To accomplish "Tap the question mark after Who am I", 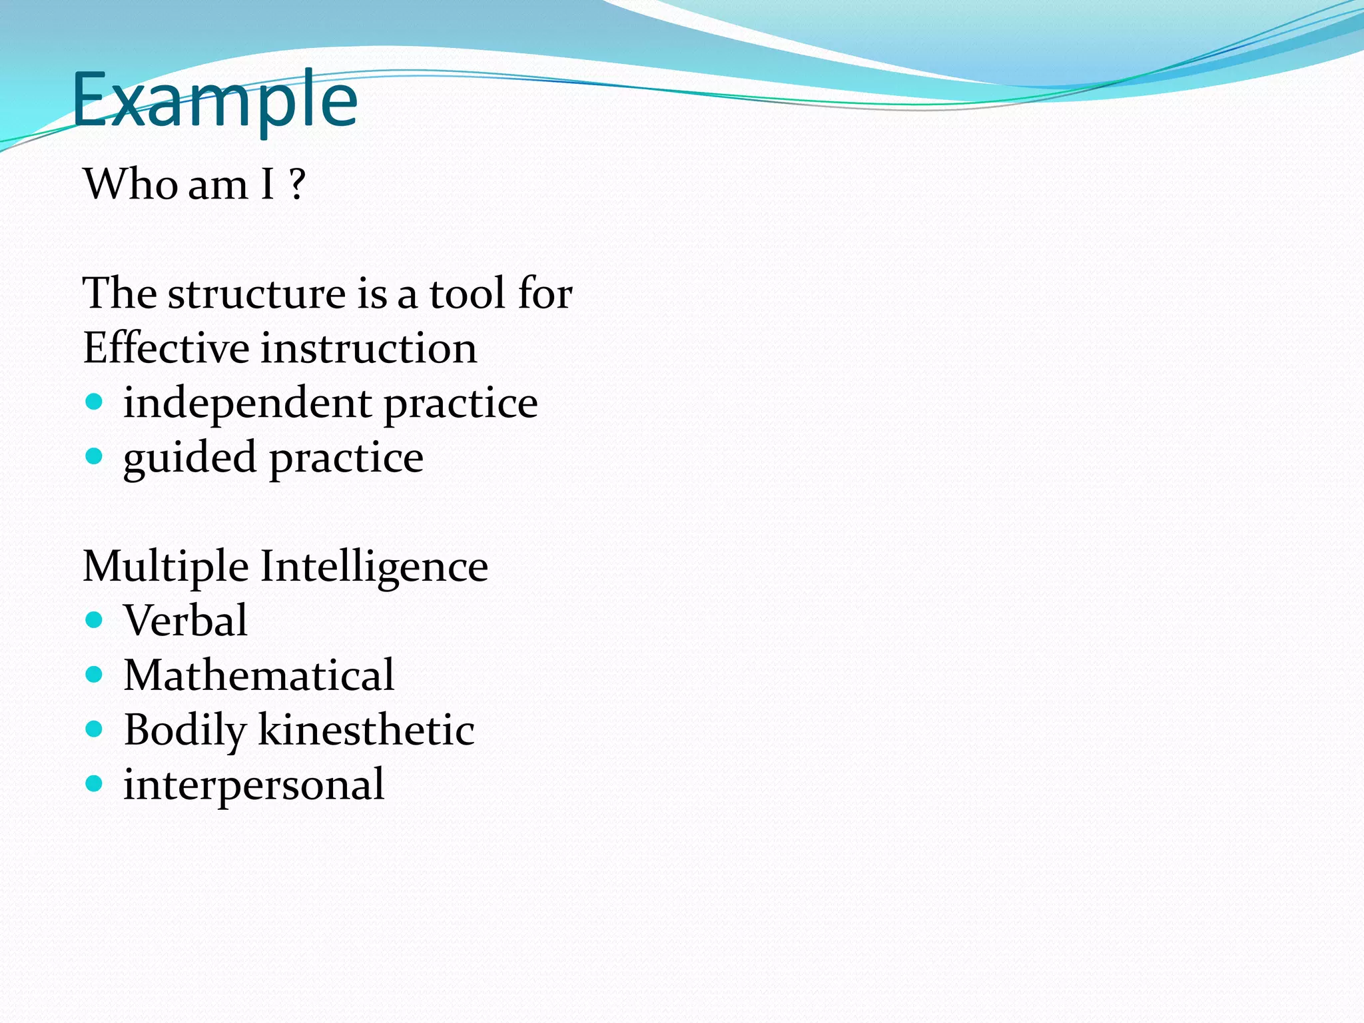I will [x=297, y=184].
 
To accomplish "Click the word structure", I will [x=256, y=293].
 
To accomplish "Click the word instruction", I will [x=369, y=348].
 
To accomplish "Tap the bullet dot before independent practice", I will [x=95, y=402].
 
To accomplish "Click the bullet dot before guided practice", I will [x=95, y=456].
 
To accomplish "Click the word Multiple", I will [x=166, y=567].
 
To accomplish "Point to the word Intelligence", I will [x=374, y=567].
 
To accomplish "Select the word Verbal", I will [x=186, y=621].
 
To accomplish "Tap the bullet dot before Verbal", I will [x=95, y=620].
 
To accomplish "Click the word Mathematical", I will [x=259, y=675].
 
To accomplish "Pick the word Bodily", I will [x=185, y=731].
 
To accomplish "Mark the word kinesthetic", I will [x=366, y=730].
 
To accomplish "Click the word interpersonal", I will [x=254, y=785].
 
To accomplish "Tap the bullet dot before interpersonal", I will [x=95, y=784].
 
